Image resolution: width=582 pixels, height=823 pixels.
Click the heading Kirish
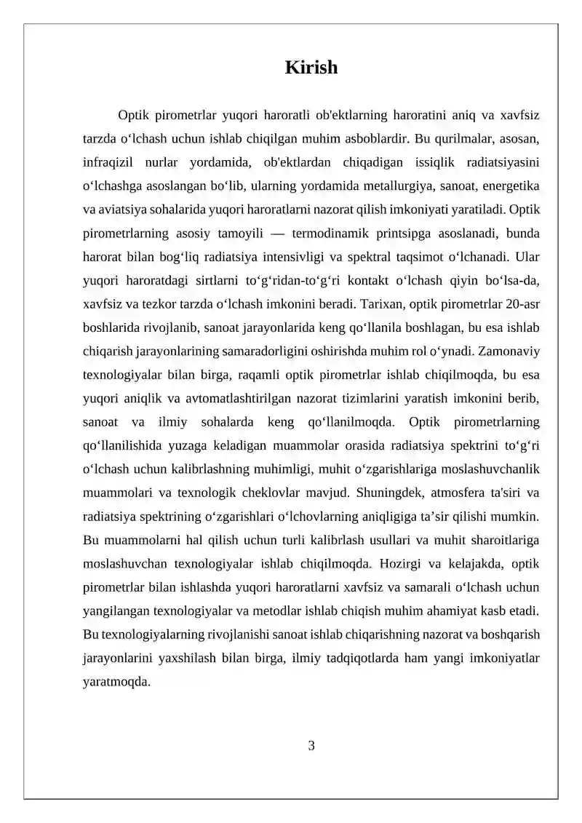pos(311,68)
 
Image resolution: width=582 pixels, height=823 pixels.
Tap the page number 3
pos(311,745)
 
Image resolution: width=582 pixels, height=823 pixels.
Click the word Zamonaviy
pos(510,350)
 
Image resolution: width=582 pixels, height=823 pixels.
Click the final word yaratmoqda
pos(116,683)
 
